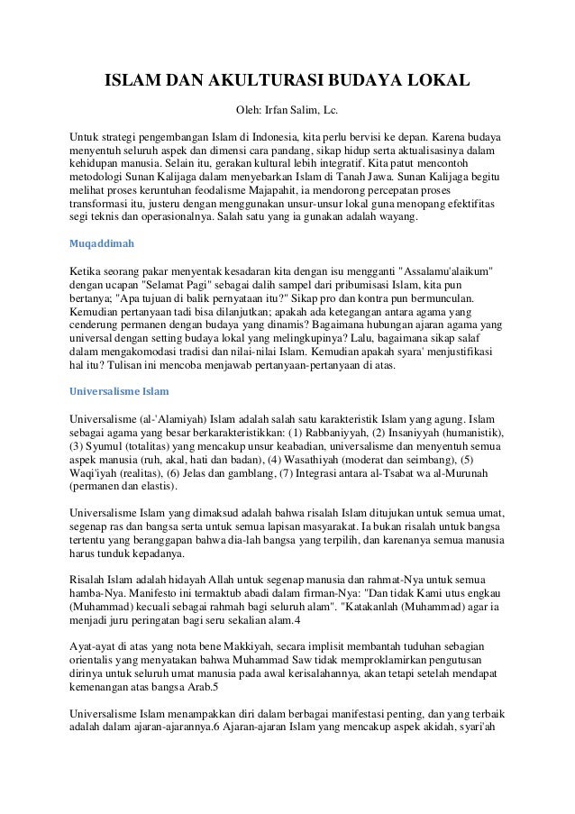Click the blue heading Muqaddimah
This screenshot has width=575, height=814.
(100, 243)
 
